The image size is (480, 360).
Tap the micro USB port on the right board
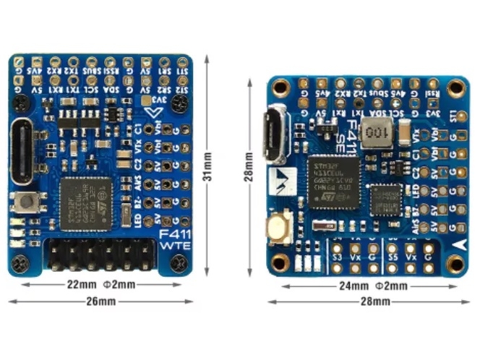coord(276,134)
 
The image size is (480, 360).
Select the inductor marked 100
coord(375,134)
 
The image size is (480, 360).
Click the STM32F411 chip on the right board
coord(333,181)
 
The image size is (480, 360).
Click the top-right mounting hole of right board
coord(455,88)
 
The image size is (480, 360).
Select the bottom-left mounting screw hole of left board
coord(20,264)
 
